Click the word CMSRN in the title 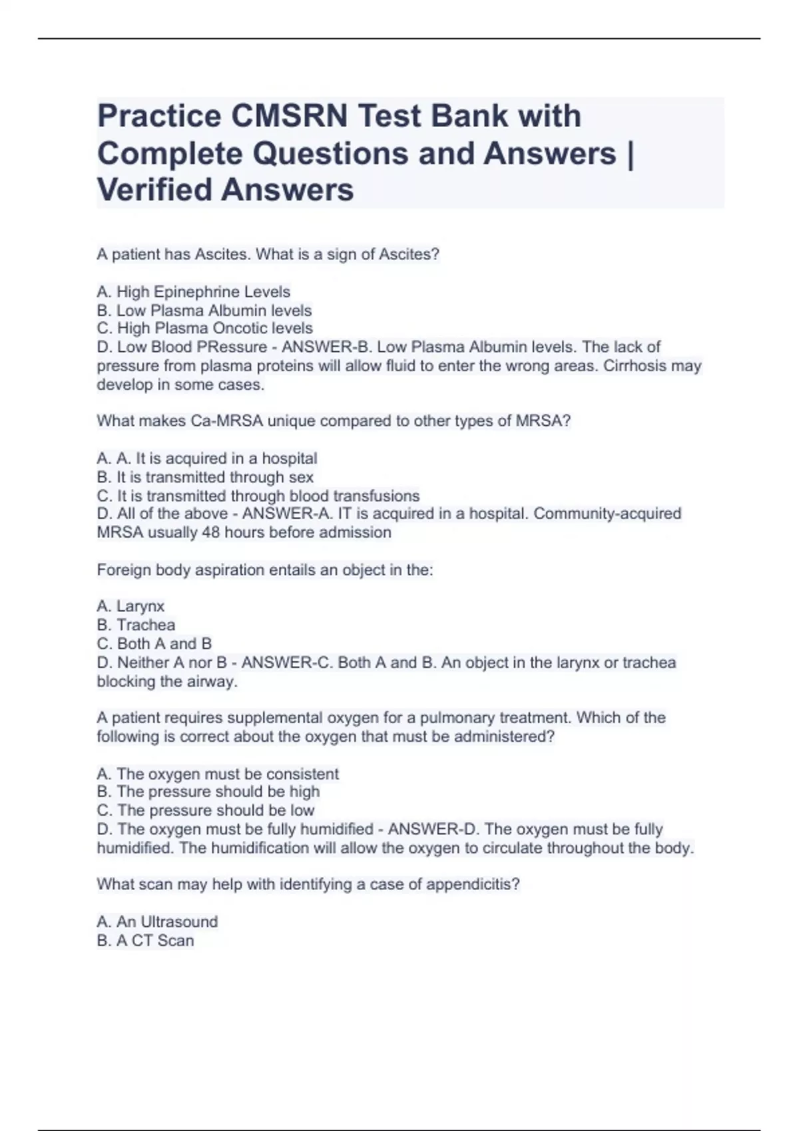290,116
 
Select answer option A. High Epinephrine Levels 194,292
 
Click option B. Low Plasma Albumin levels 204,311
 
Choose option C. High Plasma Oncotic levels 204,329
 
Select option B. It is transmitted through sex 205,477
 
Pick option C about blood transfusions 258,496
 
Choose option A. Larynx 131,607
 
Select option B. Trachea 136,625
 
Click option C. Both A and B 154,644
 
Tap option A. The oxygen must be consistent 218,774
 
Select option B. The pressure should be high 208,792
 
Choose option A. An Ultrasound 157,922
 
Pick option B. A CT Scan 145,941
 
